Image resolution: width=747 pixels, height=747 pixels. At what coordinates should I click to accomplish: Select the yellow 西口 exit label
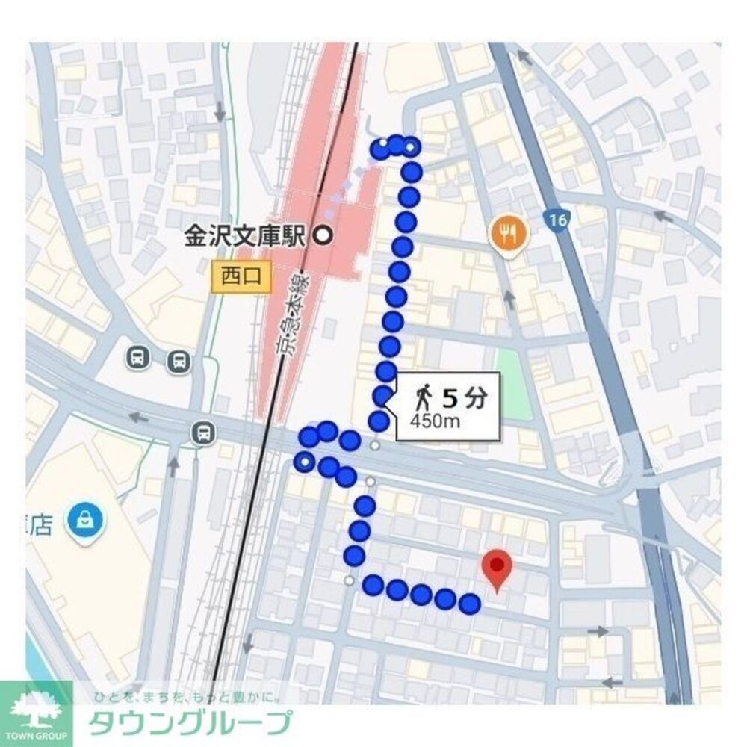(241, 276)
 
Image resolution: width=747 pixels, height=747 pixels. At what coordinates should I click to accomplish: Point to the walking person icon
(424, 397)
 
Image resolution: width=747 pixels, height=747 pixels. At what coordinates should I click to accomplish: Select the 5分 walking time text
(464, 398)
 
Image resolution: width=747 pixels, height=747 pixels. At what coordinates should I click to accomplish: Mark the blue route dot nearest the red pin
(468, 604)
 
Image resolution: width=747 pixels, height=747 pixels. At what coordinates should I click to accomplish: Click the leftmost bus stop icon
(138, 357)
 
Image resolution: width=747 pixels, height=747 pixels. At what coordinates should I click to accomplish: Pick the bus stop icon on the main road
(202, 432)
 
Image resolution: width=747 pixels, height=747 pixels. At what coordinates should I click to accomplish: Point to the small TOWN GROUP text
(36, 735)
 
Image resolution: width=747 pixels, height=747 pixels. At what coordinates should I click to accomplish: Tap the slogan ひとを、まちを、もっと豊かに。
(187, 698)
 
